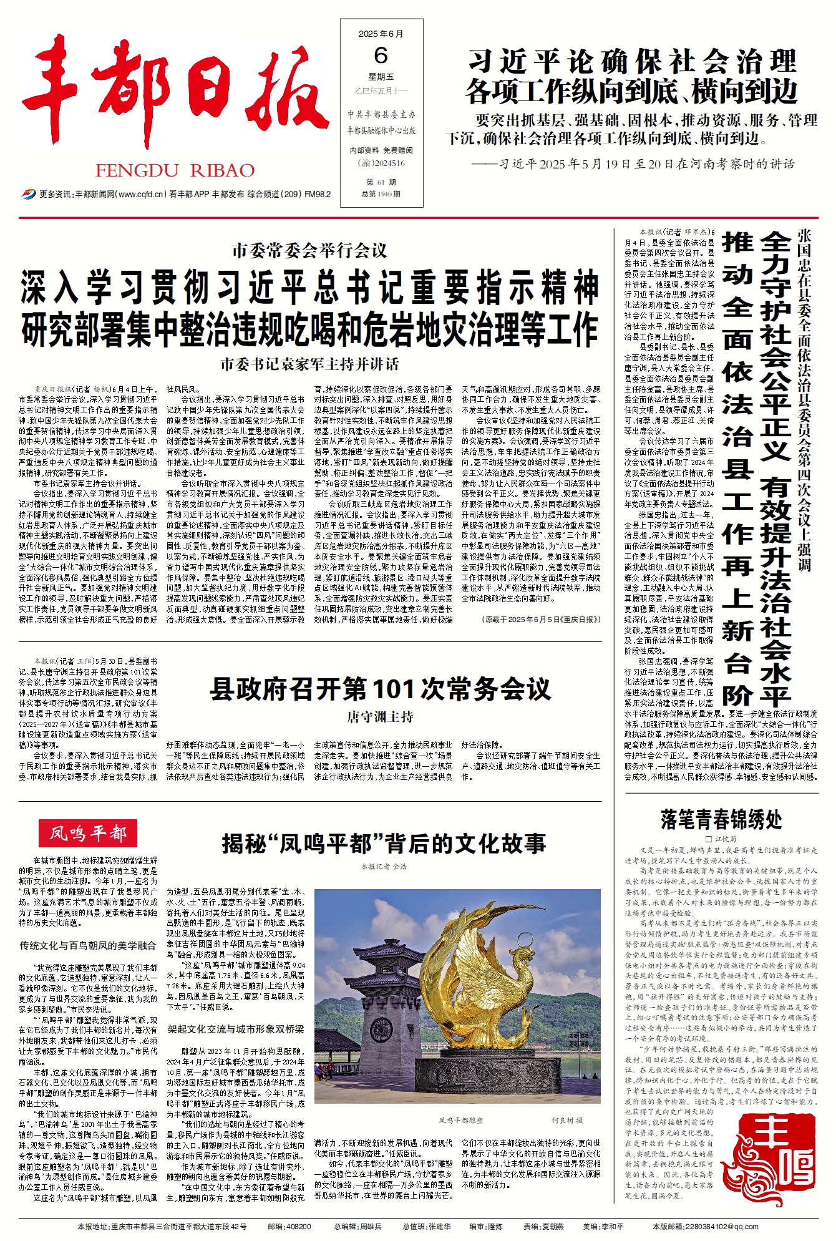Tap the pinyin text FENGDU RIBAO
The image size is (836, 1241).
(x=175, y=170)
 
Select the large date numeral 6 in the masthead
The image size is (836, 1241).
(x=381, y=56)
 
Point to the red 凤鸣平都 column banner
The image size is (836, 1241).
(x=88, y=833)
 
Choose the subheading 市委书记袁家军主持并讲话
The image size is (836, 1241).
(x=309, y=364)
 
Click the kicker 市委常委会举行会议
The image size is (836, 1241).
(x=309, y=251)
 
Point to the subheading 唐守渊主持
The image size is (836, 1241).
(x=380, y=717)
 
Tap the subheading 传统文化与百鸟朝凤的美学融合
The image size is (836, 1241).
(x=88, y=946)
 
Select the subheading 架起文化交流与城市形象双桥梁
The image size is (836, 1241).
(x=236, y=1029)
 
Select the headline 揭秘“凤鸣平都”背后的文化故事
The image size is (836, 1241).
(x=384, y=844)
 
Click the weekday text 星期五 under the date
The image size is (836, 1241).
(x=381, y=77)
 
